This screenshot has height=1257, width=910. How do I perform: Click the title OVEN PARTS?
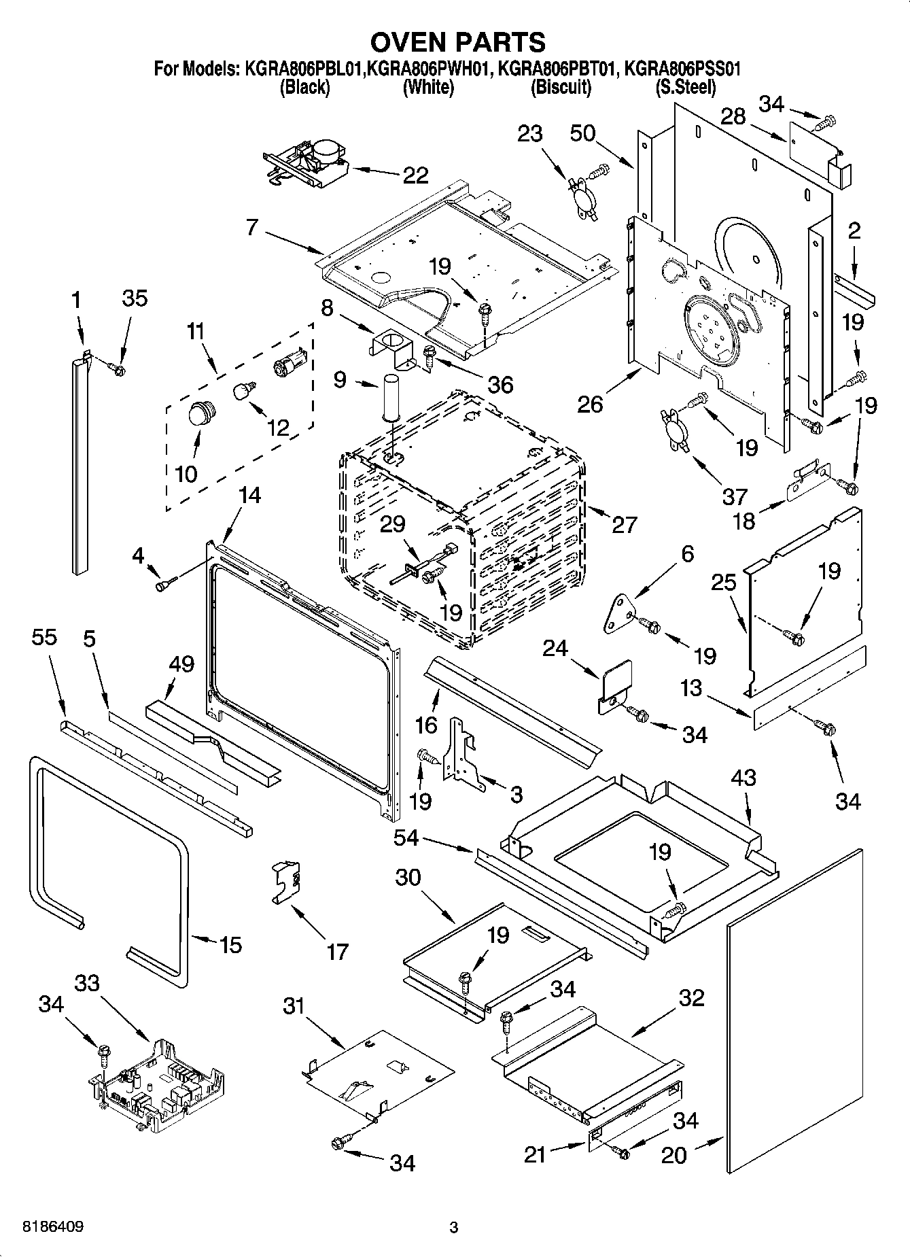457,42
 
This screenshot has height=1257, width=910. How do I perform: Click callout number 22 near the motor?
415,175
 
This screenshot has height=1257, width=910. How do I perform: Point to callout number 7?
252,226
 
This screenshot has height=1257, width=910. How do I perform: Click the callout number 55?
44,637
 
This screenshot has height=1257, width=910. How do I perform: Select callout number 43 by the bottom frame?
743,777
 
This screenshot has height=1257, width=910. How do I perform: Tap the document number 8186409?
53,1227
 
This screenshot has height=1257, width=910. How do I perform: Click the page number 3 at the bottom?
454,1227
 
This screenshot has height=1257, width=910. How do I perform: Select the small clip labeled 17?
287,882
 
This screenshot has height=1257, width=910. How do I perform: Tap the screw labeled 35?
117,369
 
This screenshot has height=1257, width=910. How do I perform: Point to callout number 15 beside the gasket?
230,944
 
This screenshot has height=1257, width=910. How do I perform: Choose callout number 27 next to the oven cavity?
624,524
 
